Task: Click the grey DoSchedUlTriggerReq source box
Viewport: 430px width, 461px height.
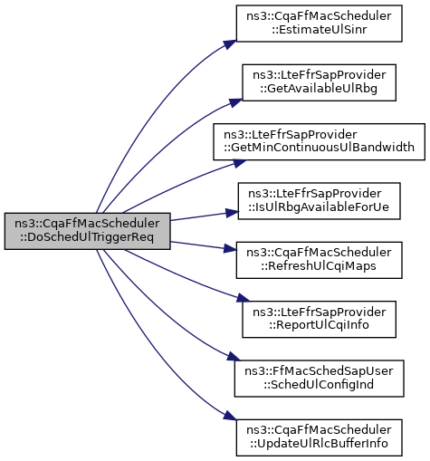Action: pyautogui.click(x=88, y=231)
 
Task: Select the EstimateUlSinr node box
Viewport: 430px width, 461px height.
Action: pyautogui.click(x=319, y=24)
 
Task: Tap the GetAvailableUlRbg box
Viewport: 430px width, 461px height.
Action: pyautogui.click(x=319, y=82)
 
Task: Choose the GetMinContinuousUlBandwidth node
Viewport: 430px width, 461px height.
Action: pyautogui.click(x=319, y=141)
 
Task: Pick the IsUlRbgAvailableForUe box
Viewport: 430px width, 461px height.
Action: pyautogui.click(x=319, y=201)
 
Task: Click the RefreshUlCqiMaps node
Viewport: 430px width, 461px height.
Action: pyautogui.click(x=319, y=260)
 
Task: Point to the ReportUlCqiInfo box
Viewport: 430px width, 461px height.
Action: pyautogui.click(x=319, y=319)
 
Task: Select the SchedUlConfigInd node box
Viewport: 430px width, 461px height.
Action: pyautogui.click(x=319, y=379)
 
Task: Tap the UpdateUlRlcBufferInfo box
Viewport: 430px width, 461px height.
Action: pyautogui.click(x=319, y=437)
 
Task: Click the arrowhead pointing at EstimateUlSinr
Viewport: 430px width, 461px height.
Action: pyautogui.click(x=231, y=44)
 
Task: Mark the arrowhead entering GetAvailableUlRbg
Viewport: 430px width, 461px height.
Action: pyautogui.click(x=236, y=103)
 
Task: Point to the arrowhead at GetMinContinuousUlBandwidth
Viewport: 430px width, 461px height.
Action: pyautogui.click(x=240, y=163)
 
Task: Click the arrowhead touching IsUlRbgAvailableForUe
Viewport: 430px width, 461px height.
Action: pyautogui.click(x=232, y=213)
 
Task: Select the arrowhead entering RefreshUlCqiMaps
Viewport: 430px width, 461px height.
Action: pyautogui.click(x=230, y=249)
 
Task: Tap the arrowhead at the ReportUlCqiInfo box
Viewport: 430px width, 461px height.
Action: pyautogui.click(x=244, y=298)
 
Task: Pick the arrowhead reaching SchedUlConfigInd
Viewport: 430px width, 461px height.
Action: pyautogui.click(x=234, y=357)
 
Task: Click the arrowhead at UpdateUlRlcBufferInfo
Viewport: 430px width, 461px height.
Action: pyautogui.click(x=230, y=416)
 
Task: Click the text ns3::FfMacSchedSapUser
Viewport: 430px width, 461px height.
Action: pyautogui.click(x=319, y=371)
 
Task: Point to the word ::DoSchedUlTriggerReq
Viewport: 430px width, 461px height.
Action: pyautogui.click(x=87, y=237)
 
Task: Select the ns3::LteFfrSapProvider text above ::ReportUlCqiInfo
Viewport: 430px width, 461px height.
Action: pyautogui.click(x=319, y=312)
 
